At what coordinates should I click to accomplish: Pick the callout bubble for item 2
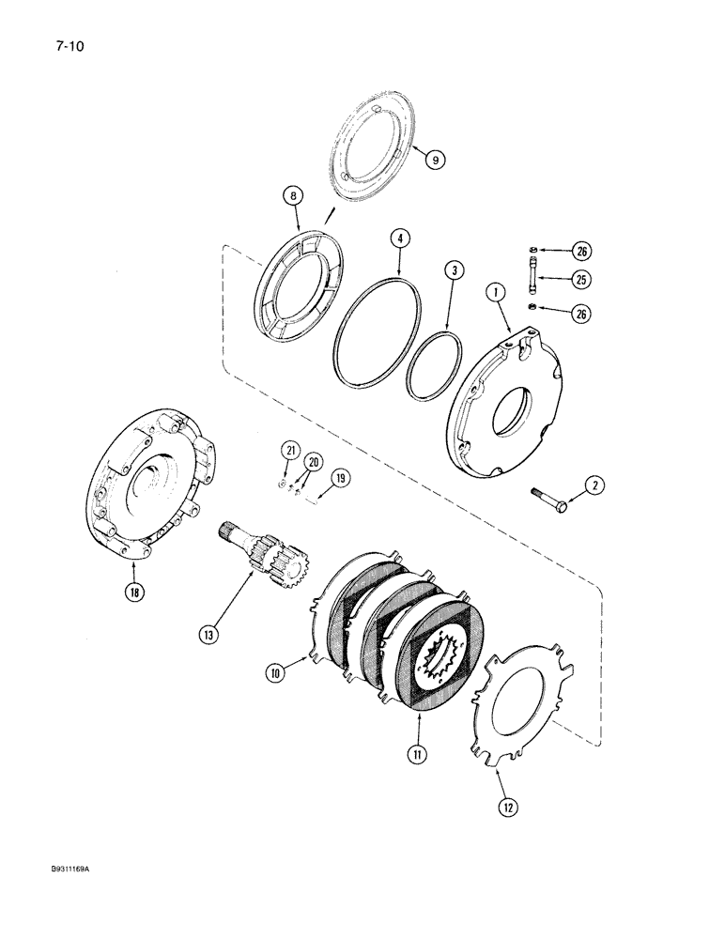[595, 485]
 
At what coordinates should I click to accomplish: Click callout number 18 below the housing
[136, 593]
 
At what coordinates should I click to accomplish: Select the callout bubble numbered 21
[290, 452]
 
